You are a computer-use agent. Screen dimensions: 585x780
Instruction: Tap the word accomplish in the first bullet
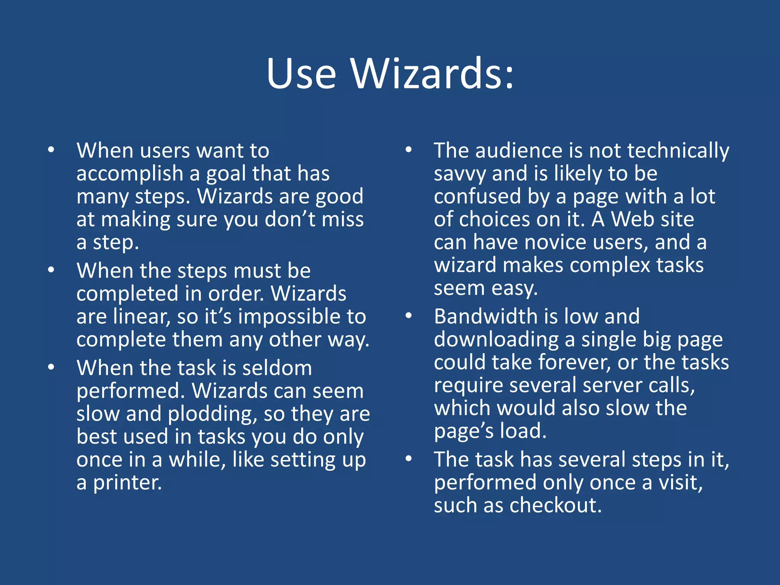(x=130, y=174)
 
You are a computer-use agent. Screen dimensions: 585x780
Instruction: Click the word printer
(x=128, y=483)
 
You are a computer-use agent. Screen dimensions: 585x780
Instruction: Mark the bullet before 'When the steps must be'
(x=51, y=270)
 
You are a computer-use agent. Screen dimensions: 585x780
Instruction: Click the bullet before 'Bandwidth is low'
(x=409, y=316)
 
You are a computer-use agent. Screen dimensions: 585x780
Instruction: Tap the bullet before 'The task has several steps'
(x=409, y=459)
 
